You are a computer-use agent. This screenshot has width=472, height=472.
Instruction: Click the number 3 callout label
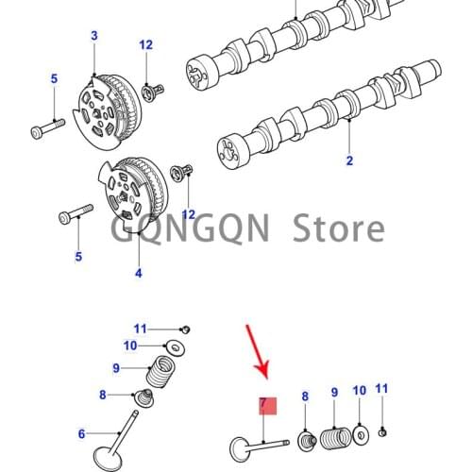pos(93,36)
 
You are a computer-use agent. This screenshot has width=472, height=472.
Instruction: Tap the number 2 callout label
pos(348,160)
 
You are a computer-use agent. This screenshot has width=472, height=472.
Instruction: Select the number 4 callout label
pos(138,274)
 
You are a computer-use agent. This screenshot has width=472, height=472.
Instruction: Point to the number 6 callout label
pos(81,433)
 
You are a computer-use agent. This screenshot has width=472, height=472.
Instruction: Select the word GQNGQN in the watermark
pos(177,228)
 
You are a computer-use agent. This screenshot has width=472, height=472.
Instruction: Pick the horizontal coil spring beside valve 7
pos(334,439)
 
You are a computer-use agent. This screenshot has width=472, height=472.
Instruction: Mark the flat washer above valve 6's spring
pos(174,346)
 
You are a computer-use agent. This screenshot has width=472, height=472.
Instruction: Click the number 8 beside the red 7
pos(304,397)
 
